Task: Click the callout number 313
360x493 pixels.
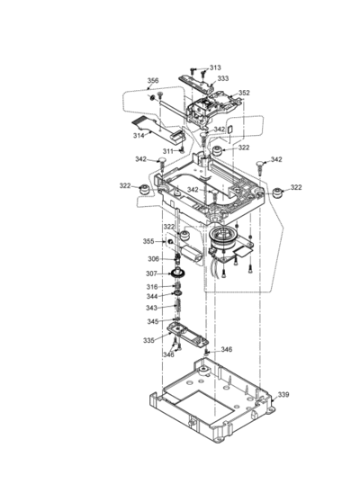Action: [x=215, y=67]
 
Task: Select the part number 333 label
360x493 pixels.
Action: [x=223, y=78]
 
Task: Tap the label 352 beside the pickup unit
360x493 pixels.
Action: [x=244, y=93]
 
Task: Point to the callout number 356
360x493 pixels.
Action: [x=153, y=80]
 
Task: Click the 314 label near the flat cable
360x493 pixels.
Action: [x=139, y=136]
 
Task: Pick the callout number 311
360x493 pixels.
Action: [x=168, y=151]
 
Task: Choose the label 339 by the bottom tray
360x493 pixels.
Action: [x=283, y=395]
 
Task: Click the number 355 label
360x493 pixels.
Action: [x=148, y=241]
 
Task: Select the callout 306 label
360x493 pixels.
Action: [x=153, y=259]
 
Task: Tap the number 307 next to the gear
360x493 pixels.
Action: [x=151, y=273]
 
